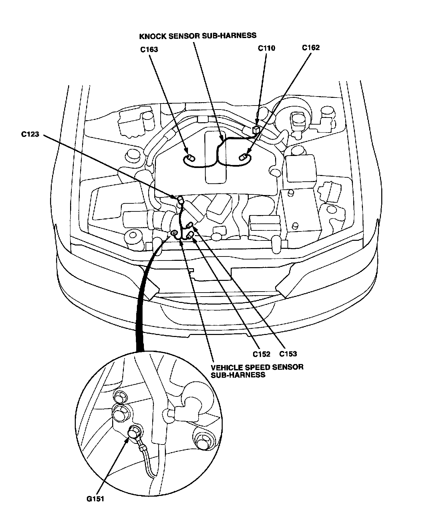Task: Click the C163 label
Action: click(x=149, y=50)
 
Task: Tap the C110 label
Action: click(x=266, y=48)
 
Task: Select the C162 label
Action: click(x=311, y=47)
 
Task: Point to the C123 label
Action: click(x=30, y=135)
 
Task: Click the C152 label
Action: click(x=261, y=354)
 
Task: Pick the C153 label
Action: click(x=288, y=354)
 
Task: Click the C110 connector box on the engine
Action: click(x=257, y=129)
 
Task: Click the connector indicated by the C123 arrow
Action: click(x=180, y=200)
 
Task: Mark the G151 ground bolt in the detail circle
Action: click(x=134, y=432)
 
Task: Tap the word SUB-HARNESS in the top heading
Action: click(x=234, y=35)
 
